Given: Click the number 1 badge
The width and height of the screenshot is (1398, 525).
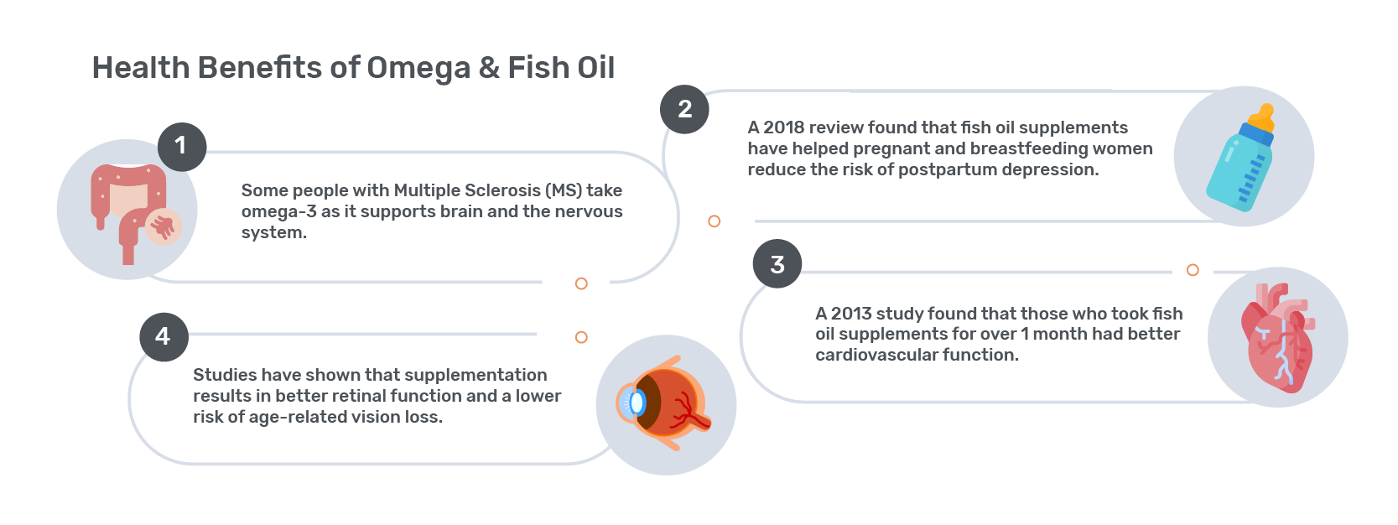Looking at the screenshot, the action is (x=182, y=147).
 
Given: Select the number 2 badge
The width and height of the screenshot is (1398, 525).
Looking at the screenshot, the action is (x=684, y=109).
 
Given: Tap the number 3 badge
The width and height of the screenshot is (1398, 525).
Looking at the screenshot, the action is (x=777, y=263).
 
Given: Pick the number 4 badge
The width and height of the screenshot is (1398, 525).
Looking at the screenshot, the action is (x=164, y=337).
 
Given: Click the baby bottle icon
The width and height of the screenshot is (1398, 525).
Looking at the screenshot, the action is (x=1240, y=159).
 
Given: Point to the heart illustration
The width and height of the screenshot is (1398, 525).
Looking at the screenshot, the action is (x=1277, y=338).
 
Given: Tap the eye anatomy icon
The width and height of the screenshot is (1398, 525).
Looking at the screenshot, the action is (x=664, y=404).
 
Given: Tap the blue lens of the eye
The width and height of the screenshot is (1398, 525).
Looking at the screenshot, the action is (x=636, y=403).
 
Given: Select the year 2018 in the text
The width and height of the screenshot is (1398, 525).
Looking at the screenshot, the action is (x=782, y=127).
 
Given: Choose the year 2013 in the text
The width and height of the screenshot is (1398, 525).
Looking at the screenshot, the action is (x=850, y=314).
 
